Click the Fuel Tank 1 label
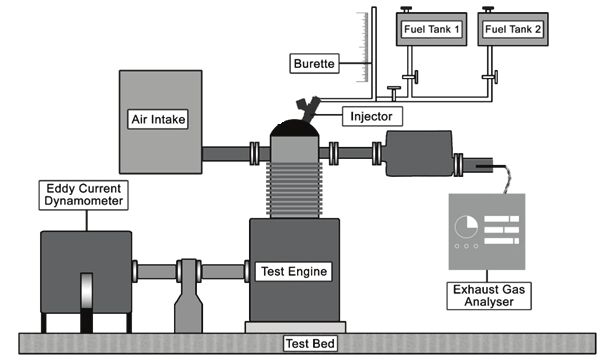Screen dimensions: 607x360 pos(431,29)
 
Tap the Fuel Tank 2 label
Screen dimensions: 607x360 pos(513,29)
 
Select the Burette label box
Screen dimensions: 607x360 pos(314,63)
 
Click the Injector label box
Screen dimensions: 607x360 pos(372,117)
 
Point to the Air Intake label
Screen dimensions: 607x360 pos(158,119)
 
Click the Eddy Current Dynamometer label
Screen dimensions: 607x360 pos(84,195)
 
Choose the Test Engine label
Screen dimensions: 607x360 pos(294,271)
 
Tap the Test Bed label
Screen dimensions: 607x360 pos(310,343)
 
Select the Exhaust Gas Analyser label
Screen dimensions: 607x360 pos(489,296)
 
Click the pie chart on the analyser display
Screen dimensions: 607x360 pos(466,226)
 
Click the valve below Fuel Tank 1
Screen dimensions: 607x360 pos(410,77)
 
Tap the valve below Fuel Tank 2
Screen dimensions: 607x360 pos(490,77)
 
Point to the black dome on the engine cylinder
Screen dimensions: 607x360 pos(295,128)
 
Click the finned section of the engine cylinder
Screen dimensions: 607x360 pos(294,190)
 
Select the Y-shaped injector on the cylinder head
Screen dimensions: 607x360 pos(309,109)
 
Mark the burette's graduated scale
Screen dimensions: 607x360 pos(363,47)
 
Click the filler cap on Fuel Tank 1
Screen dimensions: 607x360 pos(406,9)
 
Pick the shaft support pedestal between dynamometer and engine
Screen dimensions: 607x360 pos(188,295)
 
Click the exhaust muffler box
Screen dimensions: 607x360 pos(419,153)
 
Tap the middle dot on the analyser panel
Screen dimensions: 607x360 pos(466,246)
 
